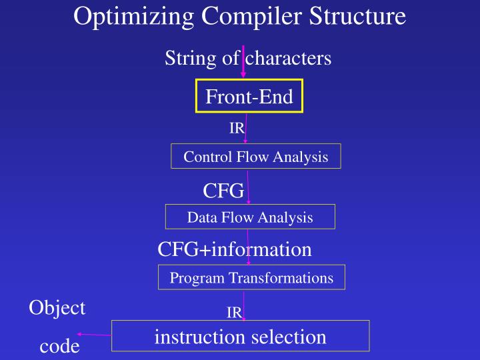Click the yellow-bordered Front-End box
pyautogui.click(x=249, y=97)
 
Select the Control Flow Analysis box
pyautogui.click(x=256, y=157)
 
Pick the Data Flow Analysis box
pyautogui.click(x=250, y=217)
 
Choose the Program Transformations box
pyautogui.click(x=251, y=277)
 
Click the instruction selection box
pyautogui.click(x=240, y=336)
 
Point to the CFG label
pyautogui.click(x=223, y=191)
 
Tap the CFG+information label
pyautogui.click(x=235, y=249)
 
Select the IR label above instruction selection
pyautogui.click(x=233, y=313)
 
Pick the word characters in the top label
pyautogui.click(x=288, y=59)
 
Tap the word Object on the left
pyautogui.click(x=57, y=307)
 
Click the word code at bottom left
pyautogui.click(x=59, y=346)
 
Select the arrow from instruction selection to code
pyautogui.click(x=94, y=335)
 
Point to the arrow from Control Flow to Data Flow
pyautogui.click(x=248, y=187)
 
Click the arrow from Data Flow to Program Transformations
pyautogui.click(x=248, y=247)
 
